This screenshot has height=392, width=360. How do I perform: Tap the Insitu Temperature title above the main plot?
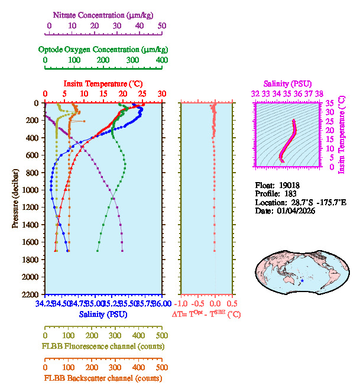pos(103,83)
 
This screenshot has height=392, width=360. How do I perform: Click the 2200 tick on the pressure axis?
pos(31,294)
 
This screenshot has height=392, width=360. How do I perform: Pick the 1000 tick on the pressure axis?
pos(31,190)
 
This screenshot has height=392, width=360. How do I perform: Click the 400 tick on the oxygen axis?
pos(161,60)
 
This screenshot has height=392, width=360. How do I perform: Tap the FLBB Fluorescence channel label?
pos(103,346)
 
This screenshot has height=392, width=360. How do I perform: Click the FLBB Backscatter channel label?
pos(103,378)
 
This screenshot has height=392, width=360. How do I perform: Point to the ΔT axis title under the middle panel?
pos(206,315)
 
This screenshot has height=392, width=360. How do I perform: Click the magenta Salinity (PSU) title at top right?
pos(287,83)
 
